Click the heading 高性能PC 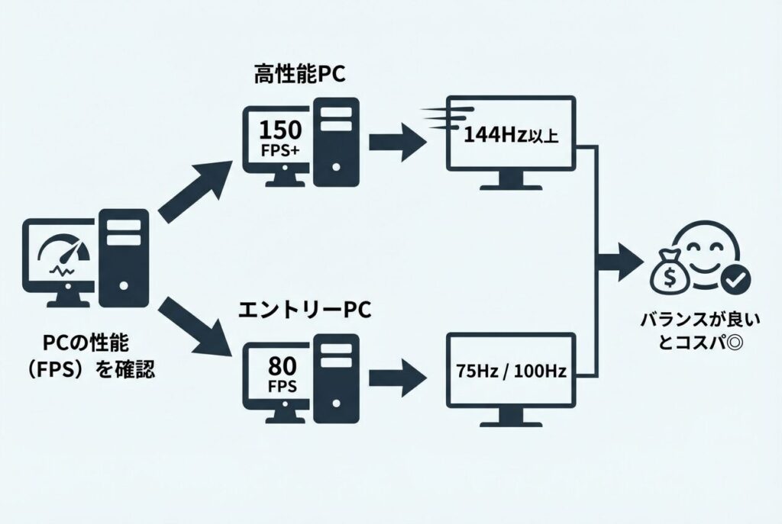point(301,75)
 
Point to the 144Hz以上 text point(511,137)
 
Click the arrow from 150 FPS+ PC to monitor point(397,142)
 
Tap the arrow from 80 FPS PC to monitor point(397,375)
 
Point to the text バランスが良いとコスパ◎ point(691,330)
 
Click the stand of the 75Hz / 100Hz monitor point(510,416)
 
